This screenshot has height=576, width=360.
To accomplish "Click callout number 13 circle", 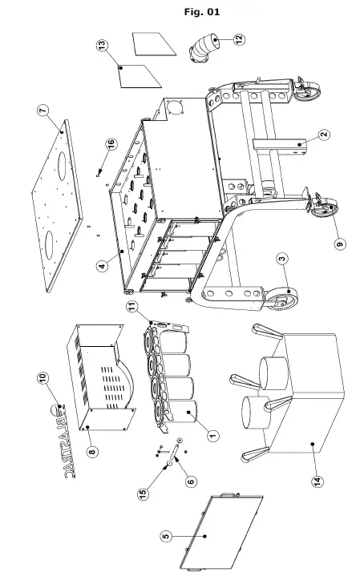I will (101, 46).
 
